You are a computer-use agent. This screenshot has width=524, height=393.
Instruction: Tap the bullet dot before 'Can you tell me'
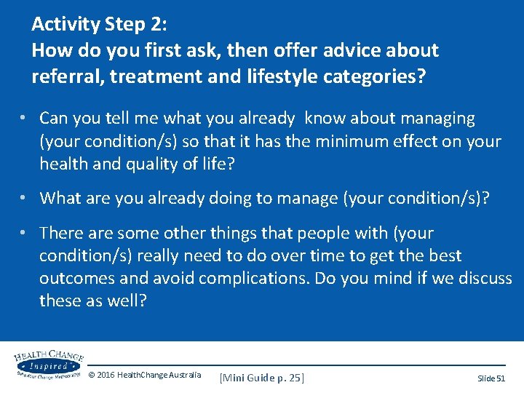point(25,117)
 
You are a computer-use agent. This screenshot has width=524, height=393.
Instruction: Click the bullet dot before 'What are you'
point(25,197)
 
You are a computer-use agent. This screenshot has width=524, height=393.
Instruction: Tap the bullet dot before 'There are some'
point(25,232)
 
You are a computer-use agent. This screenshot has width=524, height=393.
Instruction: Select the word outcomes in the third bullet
point(74,279)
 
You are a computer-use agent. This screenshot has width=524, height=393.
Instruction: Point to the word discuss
point(484,279)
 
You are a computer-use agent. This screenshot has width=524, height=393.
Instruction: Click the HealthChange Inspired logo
point(47,364)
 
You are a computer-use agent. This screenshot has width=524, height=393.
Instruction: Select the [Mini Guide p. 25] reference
point(261,377)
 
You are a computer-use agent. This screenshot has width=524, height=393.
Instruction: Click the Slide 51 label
point(491,378)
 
